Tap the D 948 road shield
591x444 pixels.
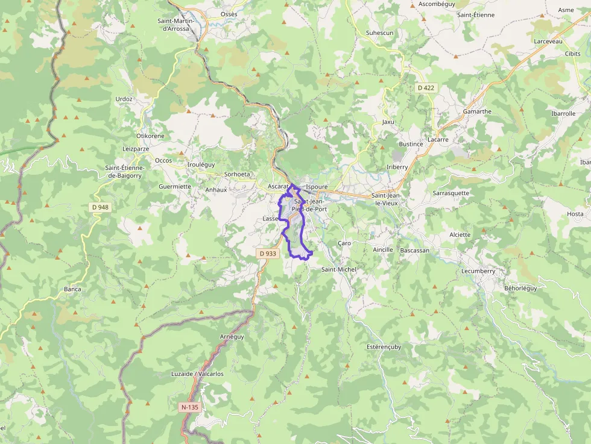(101, 207)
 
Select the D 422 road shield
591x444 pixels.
(426, 88)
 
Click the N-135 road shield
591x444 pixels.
(189, 407)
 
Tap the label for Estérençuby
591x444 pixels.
(384, 347)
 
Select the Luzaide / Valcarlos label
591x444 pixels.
(197, 374)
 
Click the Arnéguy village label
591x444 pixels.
(232, 337)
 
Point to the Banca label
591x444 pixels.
(72, 289)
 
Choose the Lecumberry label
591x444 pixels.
(478, 271)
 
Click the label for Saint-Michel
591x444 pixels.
(339, 269)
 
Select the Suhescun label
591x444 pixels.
(379, 33)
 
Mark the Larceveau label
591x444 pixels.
(548, 41)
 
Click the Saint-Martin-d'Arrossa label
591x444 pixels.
(173, 25)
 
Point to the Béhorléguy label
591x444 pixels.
(520, 288)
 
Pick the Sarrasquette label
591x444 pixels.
(450, 193)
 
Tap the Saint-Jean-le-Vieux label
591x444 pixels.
(390, 199)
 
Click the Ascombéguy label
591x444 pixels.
(436, 4)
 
